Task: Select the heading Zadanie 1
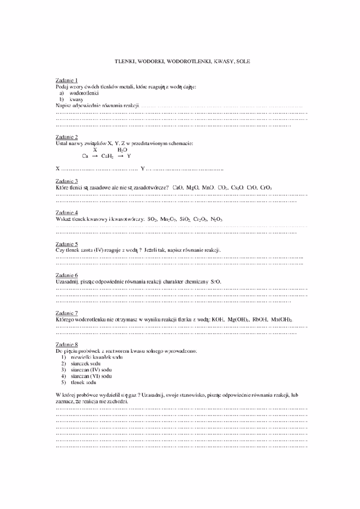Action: click(x=67, y=80)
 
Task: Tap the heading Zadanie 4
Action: click(x=67, y=212)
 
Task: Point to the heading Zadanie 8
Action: click(x=67, y=344)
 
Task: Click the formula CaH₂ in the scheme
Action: click(x=107, y=156)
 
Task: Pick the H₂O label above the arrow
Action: click(x=122, y=150)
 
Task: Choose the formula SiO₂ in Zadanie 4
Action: click(x=185, y=219)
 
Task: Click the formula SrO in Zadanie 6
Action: click(x=216, y=282)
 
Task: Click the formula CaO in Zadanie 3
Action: click(x=178, y=188)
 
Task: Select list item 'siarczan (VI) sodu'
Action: click(x=91, y=376)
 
